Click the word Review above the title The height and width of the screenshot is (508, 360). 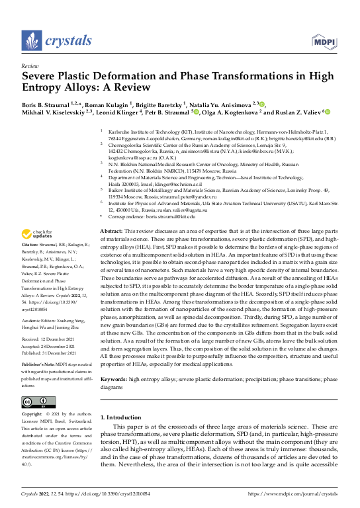pyautogui.click(x=30, y=67)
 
